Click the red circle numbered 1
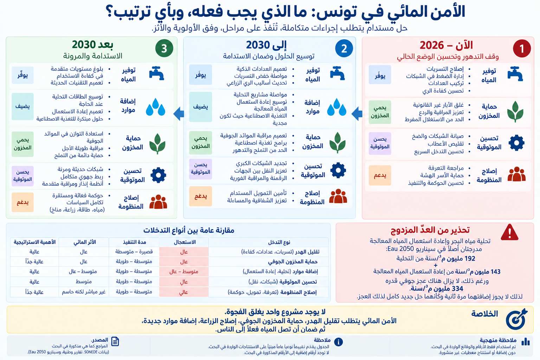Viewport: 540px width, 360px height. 522,49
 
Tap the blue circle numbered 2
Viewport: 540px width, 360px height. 344,49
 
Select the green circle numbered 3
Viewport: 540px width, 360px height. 164,48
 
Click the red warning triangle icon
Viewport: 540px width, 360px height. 509,232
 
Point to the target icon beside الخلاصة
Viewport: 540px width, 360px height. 516,319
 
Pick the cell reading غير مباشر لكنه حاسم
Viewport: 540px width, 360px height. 84,292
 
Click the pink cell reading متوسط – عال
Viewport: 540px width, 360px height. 184,272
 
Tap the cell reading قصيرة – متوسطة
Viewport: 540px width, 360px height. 134,252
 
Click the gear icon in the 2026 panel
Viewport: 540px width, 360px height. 516,143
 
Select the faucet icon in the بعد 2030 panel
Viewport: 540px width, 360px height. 157,73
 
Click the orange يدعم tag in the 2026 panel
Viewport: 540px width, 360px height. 380,175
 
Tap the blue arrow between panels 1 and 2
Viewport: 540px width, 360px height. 357,113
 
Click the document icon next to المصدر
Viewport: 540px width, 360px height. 115,342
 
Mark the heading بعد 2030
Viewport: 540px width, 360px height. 92,45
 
